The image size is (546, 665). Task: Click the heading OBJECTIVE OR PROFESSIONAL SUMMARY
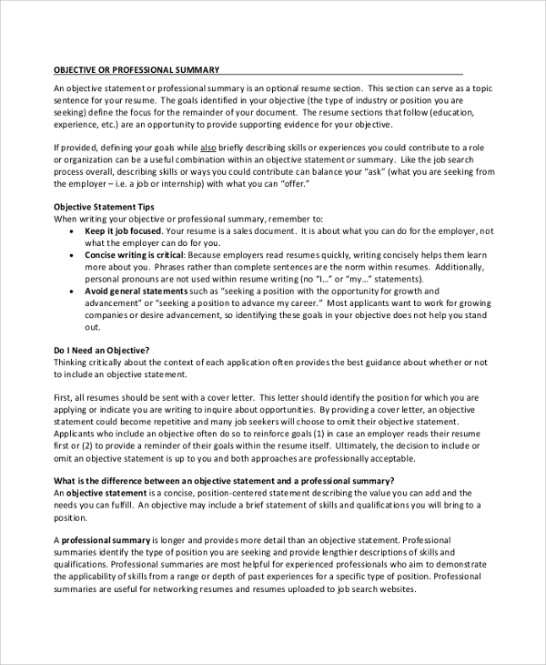coord(136,70)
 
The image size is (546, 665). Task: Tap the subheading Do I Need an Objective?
coord(102,324)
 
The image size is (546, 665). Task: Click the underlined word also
coord(208,147)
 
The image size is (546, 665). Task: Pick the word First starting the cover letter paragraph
coord(65,373)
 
